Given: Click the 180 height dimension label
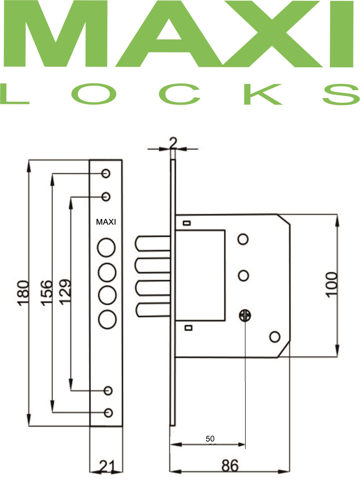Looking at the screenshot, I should pos(23,291).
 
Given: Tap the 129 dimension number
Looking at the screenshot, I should pos(64,292).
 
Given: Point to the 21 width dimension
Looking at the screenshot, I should pos(106,465).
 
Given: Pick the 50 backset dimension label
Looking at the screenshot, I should pos(210,439).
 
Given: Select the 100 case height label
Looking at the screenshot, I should pos(332,284).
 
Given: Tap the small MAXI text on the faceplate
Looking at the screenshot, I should pos(106,222).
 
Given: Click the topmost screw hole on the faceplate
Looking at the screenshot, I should pos(106,173).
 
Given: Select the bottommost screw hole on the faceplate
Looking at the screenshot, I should pos(108,412).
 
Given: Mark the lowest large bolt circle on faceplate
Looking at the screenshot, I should pos(106,319).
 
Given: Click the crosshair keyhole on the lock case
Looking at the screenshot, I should pos(245,315).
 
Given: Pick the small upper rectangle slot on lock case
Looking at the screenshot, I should pos(187,223).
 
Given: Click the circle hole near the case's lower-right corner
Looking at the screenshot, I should pos(275,337).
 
